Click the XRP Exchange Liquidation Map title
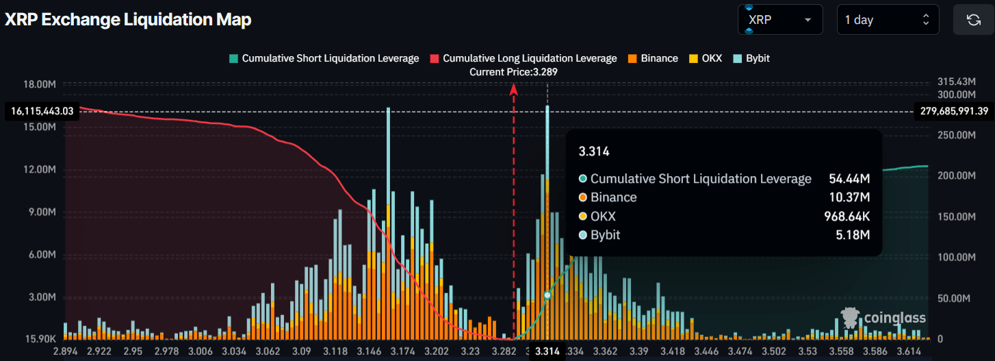(x=128, y=20)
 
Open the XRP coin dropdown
(x=780, y=20)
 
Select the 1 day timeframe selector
(x=888, y=20)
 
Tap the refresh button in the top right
(x=973, y=20)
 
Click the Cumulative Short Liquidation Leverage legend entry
(x=324, y=58)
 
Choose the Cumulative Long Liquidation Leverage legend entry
(x=524, y=58)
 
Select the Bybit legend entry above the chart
(x=751, y=58)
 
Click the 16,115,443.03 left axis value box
(x=42, y=111)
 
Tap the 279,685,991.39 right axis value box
(x=953, y=111)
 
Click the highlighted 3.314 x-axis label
(x=547, y=351)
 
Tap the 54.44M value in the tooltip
(x=855, y=179)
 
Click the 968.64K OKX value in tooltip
(x=847, y=216)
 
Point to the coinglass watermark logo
(x=883, y=318)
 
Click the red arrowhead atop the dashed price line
(x=514, y=87)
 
